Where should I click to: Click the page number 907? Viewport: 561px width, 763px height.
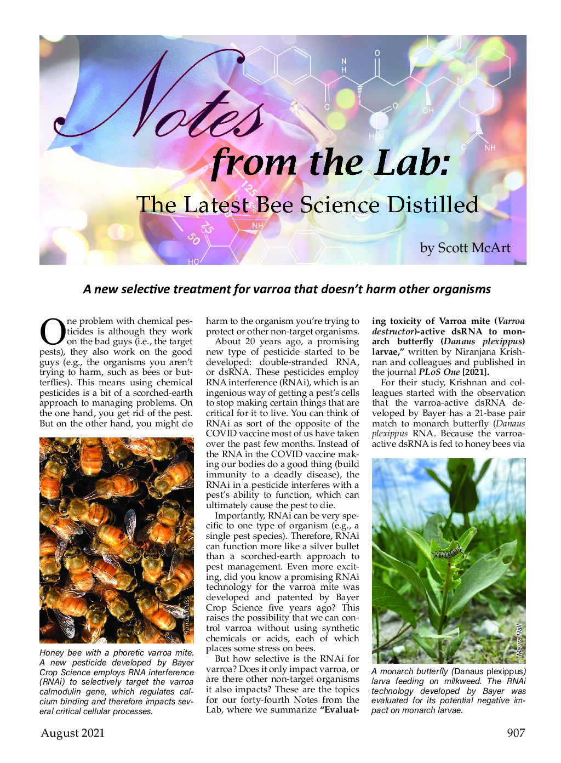coord(516,733)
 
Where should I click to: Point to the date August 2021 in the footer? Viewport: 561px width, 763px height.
coord(72,733)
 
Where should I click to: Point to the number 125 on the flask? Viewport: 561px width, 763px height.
coord(249,188)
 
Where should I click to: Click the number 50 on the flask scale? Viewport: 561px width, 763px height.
coord(193,238)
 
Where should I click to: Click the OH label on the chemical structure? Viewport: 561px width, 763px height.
coord(428,110)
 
